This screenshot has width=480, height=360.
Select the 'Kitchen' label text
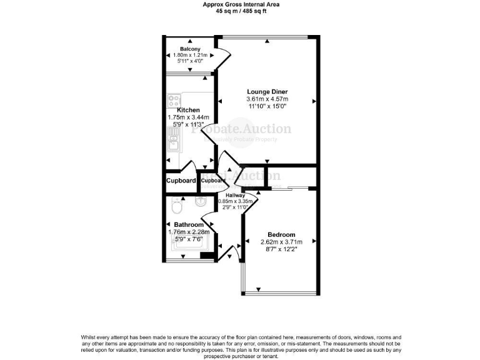click(x=188, y=110)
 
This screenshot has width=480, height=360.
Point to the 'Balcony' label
click(x=189, y=49)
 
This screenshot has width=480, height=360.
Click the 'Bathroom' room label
click(x=188, y=225)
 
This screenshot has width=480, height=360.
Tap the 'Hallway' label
click(x=235, y=195)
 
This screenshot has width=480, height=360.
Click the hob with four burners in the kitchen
click(x=174, y=100)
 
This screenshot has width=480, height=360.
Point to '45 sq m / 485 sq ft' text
click(x=241, y=11)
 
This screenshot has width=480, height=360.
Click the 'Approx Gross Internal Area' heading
click(x=241, y=4)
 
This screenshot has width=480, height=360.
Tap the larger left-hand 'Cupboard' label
click(x=181, y=181)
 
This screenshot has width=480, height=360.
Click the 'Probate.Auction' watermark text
click(x=241, y=129)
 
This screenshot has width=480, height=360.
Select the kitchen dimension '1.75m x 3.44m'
click(x=188, y=117)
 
